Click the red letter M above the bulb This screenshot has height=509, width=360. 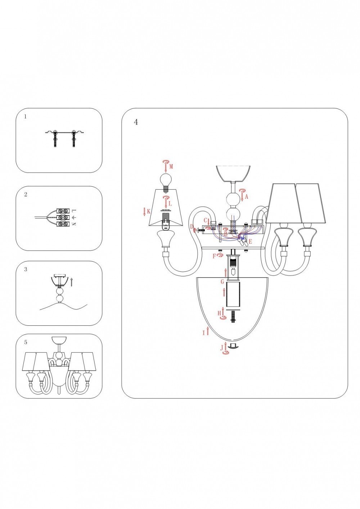[171, 167]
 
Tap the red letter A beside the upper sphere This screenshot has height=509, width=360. [247, 197]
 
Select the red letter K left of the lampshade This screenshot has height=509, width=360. [149, 211]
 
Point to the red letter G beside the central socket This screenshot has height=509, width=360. [222, 282]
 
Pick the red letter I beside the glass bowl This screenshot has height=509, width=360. [203, 333]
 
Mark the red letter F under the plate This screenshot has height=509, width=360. [214, 256]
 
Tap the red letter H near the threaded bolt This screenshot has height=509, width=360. [219, 314]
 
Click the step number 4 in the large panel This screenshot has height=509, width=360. [136, 122]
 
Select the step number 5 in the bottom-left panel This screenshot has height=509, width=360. [26, 342]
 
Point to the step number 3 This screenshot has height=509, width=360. [26, 269]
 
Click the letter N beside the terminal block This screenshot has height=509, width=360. [73, 224]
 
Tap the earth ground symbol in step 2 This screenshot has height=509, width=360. [73, 217]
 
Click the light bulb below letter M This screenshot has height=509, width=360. [165, 180]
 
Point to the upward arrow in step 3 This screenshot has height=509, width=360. [72, 281]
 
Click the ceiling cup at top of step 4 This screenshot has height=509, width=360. [233, 173]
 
